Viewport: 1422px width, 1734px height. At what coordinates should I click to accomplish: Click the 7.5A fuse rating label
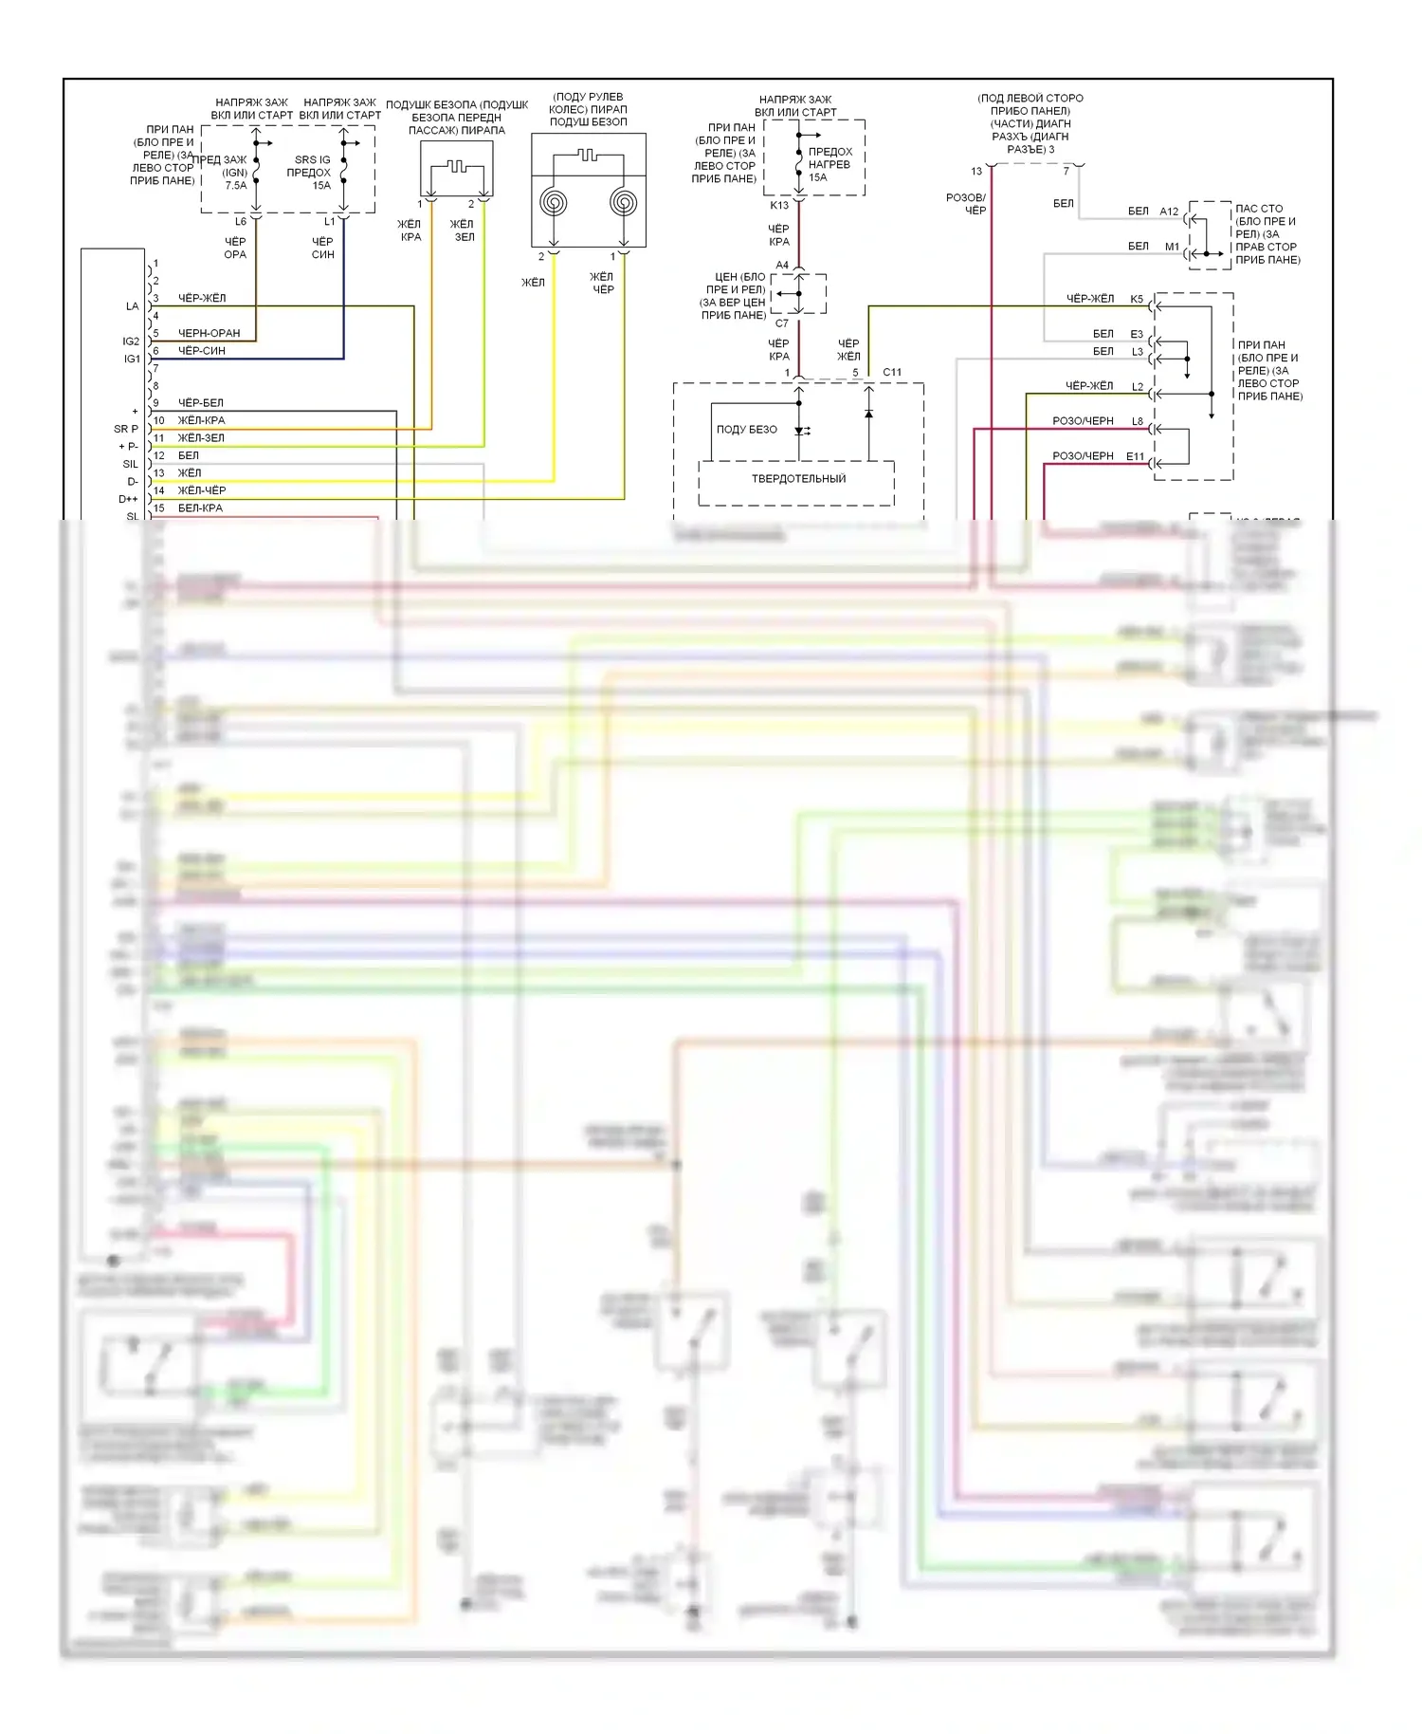235,186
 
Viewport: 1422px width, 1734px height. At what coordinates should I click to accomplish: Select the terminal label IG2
131,341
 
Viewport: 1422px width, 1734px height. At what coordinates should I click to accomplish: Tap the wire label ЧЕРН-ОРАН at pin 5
210,333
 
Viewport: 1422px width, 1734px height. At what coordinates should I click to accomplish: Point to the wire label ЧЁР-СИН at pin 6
202,351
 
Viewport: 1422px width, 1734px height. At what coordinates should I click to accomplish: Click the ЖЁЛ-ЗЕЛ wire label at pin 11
202,438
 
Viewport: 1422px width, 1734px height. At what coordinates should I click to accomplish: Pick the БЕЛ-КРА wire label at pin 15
201,508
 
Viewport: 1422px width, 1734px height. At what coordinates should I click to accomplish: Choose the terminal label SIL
131,464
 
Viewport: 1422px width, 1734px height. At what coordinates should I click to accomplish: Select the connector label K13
779,205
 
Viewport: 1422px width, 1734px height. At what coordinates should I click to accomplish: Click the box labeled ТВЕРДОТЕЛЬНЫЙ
798,479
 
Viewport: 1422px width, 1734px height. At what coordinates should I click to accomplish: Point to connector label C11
892,372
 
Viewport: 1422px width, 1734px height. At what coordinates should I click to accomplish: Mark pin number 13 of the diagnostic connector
976,172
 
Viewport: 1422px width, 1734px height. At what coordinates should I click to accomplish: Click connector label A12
1169,212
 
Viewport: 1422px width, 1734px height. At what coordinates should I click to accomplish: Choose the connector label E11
1136,456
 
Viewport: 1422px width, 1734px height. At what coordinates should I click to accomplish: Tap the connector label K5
1137,299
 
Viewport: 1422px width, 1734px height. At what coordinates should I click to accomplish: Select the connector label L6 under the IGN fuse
241,222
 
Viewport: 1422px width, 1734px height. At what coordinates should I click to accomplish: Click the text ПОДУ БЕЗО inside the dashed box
747,430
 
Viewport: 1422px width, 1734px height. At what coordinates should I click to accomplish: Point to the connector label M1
1172,247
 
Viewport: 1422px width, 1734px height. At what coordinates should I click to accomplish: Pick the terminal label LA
132,306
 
